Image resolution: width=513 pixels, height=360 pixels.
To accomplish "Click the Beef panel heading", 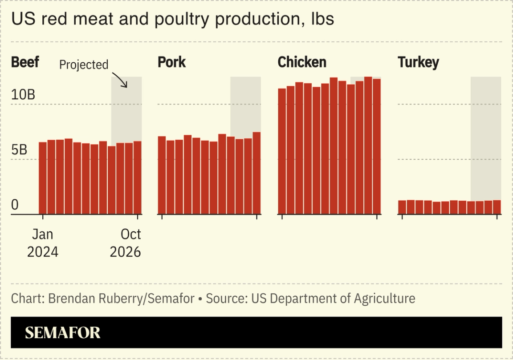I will pyautogui.click(x=25, y=62).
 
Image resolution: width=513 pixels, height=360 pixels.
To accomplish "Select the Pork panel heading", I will pyautogui.click(x=171, y=62).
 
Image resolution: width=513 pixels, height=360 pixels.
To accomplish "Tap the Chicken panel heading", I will pyautogui.click(x=301, y=62).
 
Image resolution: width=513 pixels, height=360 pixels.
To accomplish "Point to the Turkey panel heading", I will pyautogui.click(x=418, y=62).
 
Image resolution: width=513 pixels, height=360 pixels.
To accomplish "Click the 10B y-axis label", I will pyautogui.click(x=23, y=95).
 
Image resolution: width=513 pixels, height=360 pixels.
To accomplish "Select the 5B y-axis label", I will pyautogui.click(x=19, y=150).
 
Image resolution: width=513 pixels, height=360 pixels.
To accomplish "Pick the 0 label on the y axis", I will pyautogui.click(x=15, y=205).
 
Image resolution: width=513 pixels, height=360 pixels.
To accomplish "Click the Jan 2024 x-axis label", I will pyautogui.click(x=43, y=243).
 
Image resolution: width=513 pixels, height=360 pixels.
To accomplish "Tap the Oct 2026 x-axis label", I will pyautogui.click(x=125, y=243).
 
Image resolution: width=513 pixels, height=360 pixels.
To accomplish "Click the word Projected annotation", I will pyautogui.click(x=84, y=65).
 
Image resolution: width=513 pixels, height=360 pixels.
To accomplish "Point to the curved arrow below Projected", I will pyautogui.click(x=120, y=80).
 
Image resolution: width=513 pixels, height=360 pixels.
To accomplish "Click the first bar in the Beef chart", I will pyautogui.click(x=43, y=178).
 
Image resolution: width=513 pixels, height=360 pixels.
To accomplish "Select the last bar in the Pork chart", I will pyautogui.click(x=256, y=174).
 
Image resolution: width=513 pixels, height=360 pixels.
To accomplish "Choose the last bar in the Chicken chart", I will pyautogui.click(x=377, y=147).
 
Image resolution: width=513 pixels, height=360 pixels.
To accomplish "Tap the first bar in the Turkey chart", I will pyautogui.click(x=402, y=207).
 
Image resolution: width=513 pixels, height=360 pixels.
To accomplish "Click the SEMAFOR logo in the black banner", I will pyautogui.click(x=63, y=332).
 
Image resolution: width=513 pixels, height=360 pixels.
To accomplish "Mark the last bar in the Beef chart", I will pyautogui.click(x=138, y=178).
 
